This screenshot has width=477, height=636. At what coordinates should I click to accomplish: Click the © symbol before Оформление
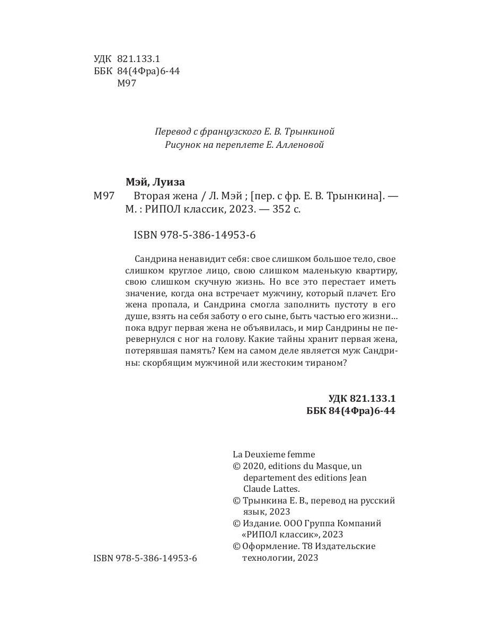click(x=236, y=546)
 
